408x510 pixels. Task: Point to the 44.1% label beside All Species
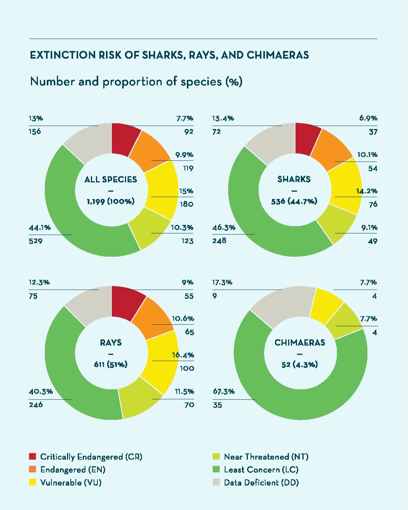point(40,228)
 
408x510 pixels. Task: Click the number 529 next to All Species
point(36,241)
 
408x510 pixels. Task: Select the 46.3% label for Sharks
point(224,228)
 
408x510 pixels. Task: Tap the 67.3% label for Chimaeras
point(224,391)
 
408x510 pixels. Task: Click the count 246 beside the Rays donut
point(36,404)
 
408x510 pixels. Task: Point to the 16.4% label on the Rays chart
point(183,355)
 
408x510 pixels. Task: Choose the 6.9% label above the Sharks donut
point(368,118)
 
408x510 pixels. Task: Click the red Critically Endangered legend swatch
point(32,456)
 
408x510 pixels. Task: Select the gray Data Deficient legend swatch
point(216,482)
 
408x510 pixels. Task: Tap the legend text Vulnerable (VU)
point(71,483)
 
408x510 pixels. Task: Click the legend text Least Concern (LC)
point(261,469)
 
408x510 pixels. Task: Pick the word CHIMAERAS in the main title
point(278,55)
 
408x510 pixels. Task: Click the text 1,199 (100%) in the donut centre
point(111,202)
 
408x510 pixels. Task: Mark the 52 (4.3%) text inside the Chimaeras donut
point(300,365)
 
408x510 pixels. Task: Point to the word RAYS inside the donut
point(111,343)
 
